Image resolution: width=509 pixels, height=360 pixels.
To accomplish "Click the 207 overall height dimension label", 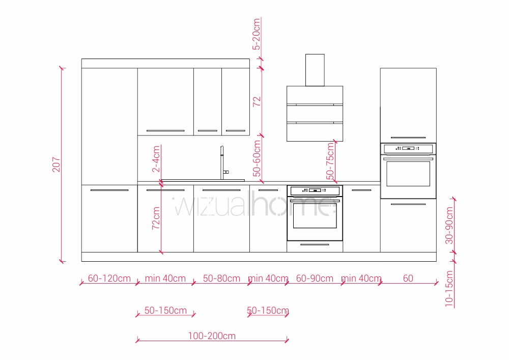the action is click(56, 164).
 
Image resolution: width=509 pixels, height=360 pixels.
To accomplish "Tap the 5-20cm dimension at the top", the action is click(257, 34).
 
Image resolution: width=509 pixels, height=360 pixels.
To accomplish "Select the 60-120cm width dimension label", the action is click(109, 279).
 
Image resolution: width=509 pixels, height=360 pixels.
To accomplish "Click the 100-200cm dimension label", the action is click(212, 336).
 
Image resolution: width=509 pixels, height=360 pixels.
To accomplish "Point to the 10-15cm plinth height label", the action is click(449, 289).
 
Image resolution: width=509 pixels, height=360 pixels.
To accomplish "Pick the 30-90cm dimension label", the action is click(449, 226).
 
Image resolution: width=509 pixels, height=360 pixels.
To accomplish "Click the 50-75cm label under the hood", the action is click(330, 161).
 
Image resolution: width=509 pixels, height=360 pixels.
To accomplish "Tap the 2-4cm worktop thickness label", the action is click(156, 159).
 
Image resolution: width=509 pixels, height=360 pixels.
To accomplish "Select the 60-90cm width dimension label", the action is click(315, 279).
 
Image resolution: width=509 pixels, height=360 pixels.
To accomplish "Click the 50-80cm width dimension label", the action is click(221, 279).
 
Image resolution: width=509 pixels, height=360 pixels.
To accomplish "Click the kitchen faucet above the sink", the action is click(223, 162).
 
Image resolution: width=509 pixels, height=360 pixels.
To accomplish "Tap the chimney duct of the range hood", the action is click(315, 70).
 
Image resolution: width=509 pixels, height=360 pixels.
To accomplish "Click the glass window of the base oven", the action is click(315, 216).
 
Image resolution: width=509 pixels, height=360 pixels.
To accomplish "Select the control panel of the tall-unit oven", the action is click(408, 149).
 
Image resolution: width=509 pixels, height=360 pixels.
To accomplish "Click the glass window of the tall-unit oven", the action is click(408, 174).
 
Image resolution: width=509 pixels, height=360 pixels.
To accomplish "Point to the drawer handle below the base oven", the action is click(315, 244).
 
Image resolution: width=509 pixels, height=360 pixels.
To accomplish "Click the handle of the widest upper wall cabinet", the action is click(165, 130).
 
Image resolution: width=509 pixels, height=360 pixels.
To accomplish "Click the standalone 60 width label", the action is click(408, 279).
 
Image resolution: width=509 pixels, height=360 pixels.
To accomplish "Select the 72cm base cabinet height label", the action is click(156, 218).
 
